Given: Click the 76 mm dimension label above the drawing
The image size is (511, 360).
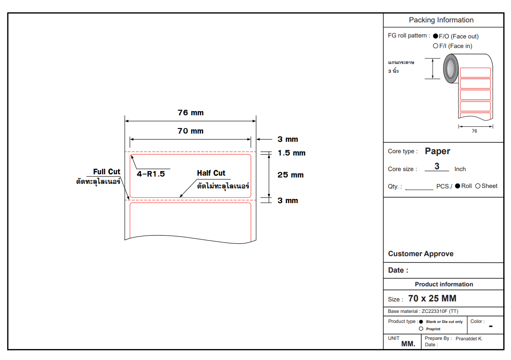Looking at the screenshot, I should pos(190,113).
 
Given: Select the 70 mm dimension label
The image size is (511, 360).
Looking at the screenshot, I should pos(190,131).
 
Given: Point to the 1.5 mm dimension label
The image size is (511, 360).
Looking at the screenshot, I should pos(291,153).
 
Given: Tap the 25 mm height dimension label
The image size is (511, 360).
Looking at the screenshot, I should pos(290,175).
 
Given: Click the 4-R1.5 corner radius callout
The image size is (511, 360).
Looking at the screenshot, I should pos(151,174).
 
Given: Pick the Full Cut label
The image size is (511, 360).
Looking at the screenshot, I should pos(107,172).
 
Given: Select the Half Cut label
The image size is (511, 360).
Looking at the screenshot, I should pos(211,173).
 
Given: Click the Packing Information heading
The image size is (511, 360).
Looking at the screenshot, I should pos(441,20).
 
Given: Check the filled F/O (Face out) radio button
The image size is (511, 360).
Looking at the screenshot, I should pos(436,36).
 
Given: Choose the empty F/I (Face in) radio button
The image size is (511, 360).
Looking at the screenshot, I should pos(436,46).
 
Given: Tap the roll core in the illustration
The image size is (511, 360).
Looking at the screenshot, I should pos(450,68).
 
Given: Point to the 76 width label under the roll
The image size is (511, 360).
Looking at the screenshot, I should pos(474,131).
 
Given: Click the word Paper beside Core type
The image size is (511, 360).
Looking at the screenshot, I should pos(437,151).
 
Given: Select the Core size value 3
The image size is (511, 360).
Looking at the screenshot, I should pos(437,167).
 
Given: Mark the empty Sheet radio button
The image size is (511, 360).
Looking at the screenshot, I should pos(478,186).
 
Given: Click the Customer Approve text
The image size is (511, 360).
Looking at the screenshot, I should pos(420,254).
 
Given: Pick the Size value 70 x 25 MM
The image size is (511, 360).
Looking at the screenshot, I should pos(432,299).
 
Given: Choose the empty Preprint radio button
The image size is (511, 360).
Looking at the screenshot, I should pos(421,329).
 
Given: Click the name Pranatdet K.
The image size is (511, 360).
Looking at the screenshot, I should pos(469,339).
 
